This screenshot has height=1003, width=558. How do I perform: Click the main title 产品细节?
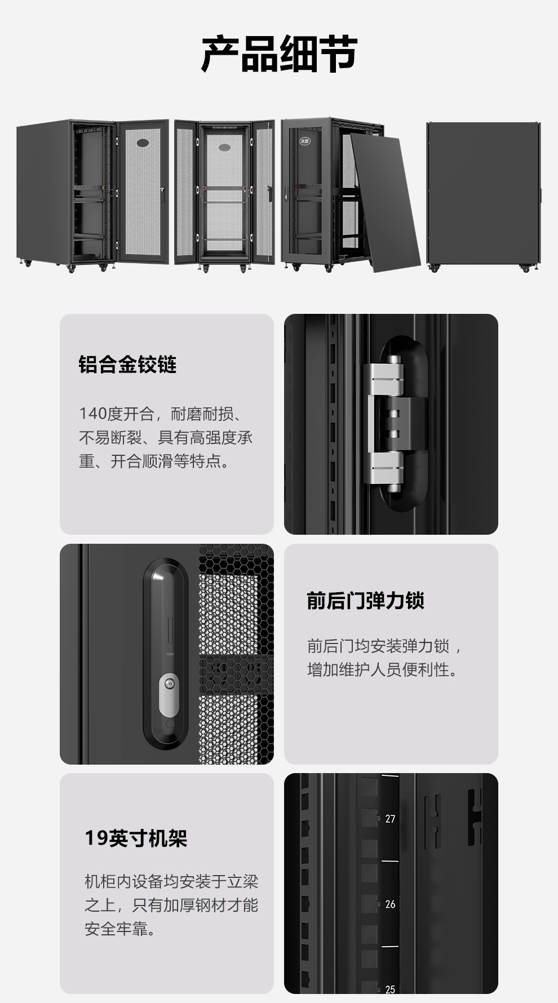pos(279,54)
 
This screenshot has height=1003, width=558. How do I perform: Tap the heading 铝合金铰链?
pos(127,365)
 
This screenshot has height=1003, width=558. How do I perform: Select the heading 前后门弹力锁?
pos(365,601)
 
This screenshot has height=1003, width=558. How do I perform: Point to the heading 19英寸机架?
pos(136,838)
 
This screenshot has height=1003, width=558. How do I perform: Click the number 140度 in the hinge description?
pos(100,414)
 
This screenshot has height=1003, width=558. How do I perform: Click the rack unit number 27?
pos(390,819)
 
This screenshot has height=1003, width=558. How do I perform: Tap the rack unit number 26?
pos(390,904)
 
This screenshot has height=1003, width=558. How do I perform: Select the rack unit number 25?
pos(390,989)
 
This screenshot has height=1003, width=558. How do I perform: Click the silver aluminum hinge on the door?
pos(387,423)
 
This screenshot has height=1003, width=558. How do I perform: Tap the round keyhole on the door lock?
pos(169,684)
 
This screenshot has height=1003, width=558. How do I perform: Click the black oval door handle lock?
pos(166,654)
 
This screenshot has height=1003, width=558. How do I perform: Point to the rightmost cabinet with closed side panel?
pos(484,196)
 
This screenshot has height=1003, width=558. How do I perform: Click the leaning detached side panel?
pos(385,202)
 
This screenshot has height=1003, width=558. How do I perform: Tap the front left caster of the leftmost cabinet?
pos(71,269)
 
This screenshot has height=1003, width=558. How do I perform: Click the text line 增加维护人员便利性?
pos(383,669)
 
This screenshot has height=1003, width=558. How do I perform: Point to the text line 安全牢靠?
pos(121,929)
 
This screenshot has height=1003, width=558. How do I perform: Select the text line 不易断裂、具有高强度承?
pos(166,438)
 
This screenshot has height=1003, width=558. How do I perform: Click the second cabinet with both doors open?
pos(224,196)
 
